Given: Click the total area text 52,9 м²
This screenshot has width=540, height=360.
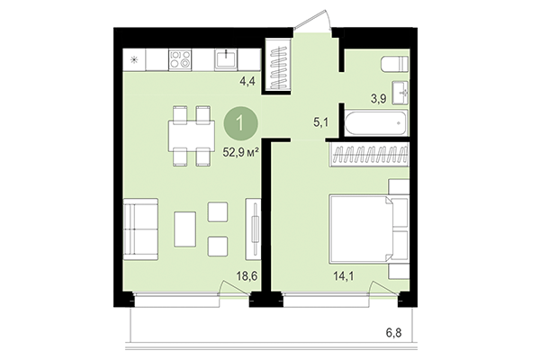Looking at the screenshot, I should [241, 152].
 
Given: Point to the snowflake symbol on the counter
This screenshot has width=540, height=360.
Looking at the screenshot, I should [135, 60].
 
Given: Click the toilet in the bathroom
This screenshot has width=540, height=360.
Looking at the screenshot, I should [391, 66].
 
